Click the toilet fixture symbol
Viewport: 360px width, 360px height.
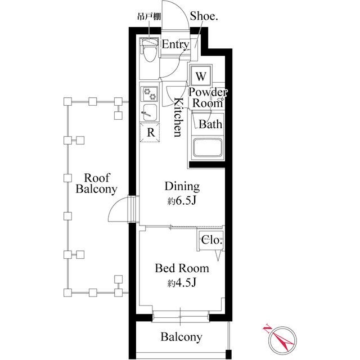(x=150, y=50)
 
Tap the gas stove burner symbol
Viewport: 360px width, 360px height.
(x=150, y=94)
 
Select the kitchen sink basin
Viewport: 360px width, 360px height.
(x=150, y=112)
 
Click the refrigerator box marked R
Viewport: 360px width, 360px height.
(x=150, y=133)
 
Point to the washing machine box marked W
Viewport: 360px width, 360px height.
(x=201, y=76)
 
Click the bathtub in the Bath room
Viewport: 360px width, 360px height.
(x=208, y=147)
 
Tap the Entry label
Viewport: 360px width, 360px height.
(x=175, y=44)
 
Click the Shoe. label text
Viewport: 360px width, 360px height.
(x=204, y=16)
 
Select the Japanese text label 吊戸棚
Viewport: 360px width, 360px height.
(x=148, y=17)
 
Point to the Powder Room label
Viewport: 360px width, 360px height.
(x=208, y=98)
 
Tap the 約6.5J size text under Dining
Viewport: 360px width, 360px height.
(x=181, y=201)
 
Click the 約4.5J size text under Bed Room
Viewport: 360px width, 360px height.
(x=181, y=283)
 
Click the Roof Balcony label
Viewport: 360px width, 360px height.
(x=97, y=183)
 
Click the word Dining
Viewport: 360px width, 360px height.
(x=182, y=186)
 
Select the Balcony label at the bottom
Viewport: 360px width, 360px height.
(x=181, y=337)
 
